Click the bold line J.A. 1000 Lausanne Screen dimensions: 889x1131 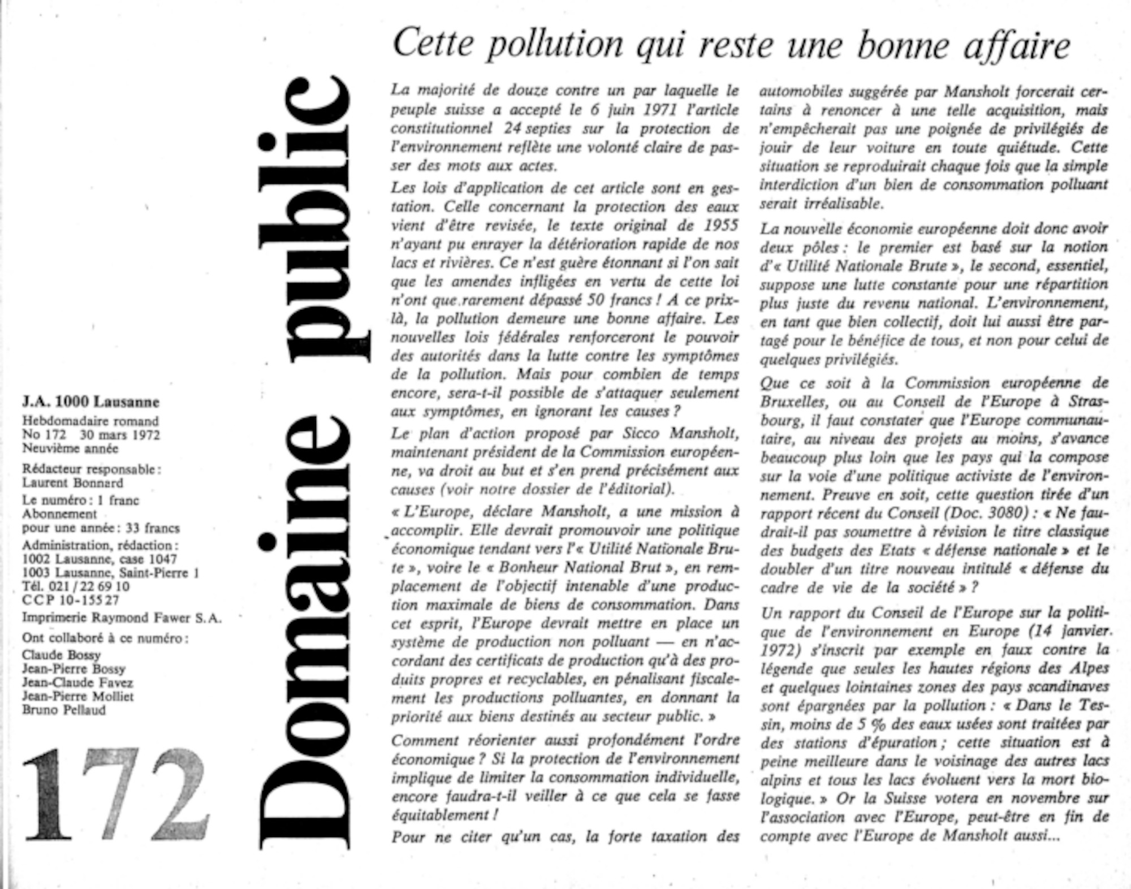click(x=91, y=402)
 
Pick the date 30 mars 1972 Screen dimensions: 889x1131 click(x=120, y=435)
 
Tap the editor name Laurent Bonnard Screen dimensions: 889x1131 click(x=72, y=483)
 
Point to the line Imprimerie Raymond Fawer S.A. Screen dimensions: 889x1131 click(x=122, y=618)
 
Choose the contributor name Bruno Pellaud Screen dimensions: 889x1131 click(x=64, y=710)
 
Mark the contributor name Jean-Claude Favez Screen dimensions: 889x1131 click(x=77, y=683)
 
